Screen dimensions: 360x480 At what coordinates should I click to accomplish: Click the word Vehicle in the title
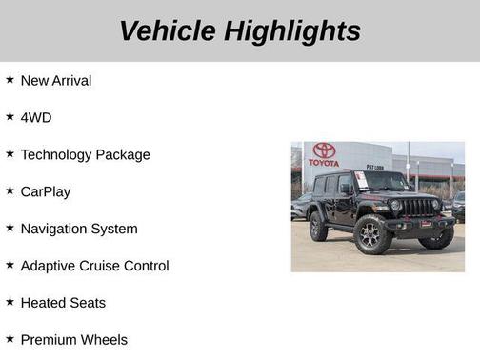pos(168,30)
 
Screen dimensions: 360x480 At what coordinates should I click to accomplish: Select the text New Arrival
pos(56,81)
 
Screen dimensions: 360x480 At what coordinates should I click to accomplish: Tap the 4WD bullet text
pos(36,118)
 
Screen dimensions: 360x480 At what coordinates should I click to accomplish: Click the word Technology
pos(58,155)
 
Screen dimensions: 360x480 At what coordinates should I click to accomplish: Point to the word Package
pos(125,155)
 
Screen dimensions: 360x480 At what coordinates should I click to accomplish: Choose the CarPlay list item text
pos(46,191)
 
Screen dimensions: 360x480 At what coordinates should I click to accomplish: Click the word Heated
pos(44,303)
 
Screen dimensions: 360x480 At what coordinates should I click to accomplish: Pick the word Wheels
pos(104,340)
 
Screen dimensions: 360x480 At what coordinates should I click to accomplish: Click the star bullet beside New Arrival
pos(10,80)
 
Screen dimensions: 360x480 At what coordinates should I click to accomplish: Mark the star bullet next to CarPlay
pos(10,190)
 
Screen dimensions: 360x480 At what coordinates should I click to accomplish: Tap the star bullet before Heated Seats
pos(10,302)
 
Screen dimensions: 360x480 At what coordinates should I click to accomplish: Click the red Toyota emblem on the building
pos(324,150)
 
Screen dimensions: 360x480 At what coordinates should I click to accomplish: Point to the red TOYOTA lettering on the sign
pos(324,163)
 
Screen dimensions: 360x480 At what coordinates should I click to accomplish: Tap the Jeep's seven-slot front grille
pos(420,207)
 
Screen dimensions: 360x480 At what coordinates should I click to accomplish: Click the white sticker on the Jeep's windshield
pos(361,179)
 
